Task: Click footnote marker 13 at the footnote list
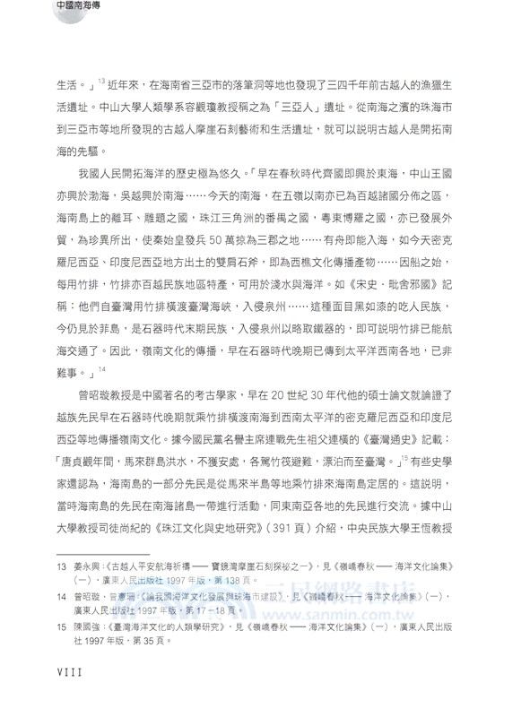click(x=61, y=568)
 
